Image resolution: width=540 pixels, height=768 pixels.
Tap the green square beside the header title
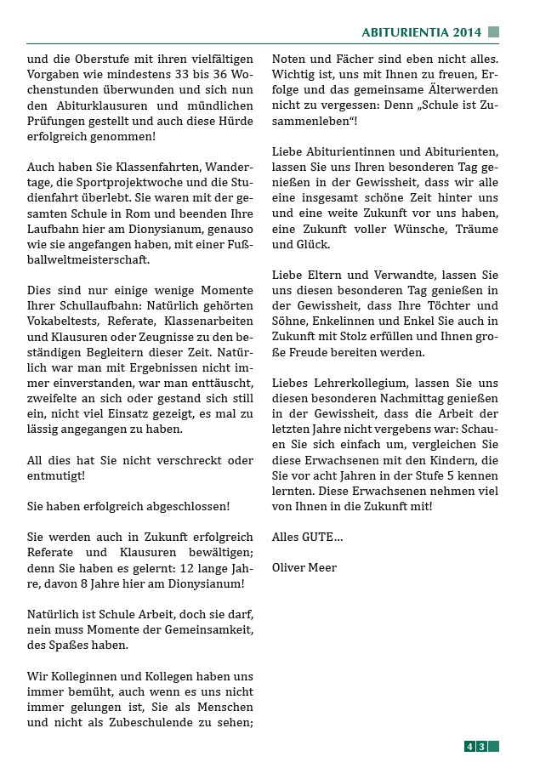click(493, 32)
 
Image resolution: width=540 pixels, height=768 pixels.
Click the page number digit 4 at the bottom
click(469, 747)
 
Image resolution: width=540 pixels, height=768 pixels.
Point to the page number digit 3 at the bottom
click(481, 747)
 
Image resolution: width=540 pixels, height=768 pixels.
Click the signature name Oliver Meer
click(304, 567)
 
